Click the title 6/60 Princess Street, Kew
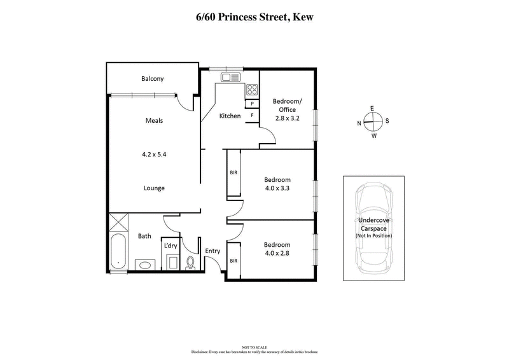click(x=254, y=18)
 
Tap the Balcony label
click(x=153, y=79)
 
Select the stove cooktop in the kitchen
click(x=252, y=90)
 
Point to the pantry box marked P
click(x=253, y=104)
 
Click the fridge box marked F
click(x=253, y=115)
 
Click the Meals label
click(x=155, y=120)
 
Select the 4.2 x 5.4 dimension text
click(x=155, y=153)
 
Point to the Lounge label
click(x=155, y=188)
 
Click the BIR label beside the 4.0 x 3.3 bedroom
click(x=234, y=172)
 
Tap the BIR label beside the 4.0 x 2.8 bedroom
click(x=234, y=261)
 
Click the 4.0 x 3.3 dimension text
click(x=277, y=188)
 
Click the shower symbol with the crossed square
click(x=118, y=223)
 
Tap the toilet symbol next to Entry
click(x=190, y=261)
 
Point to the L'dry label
click(x=170, y=246)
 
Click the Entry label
click(x=213, y=251)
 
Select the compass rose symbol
click(x=373, y=121)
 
